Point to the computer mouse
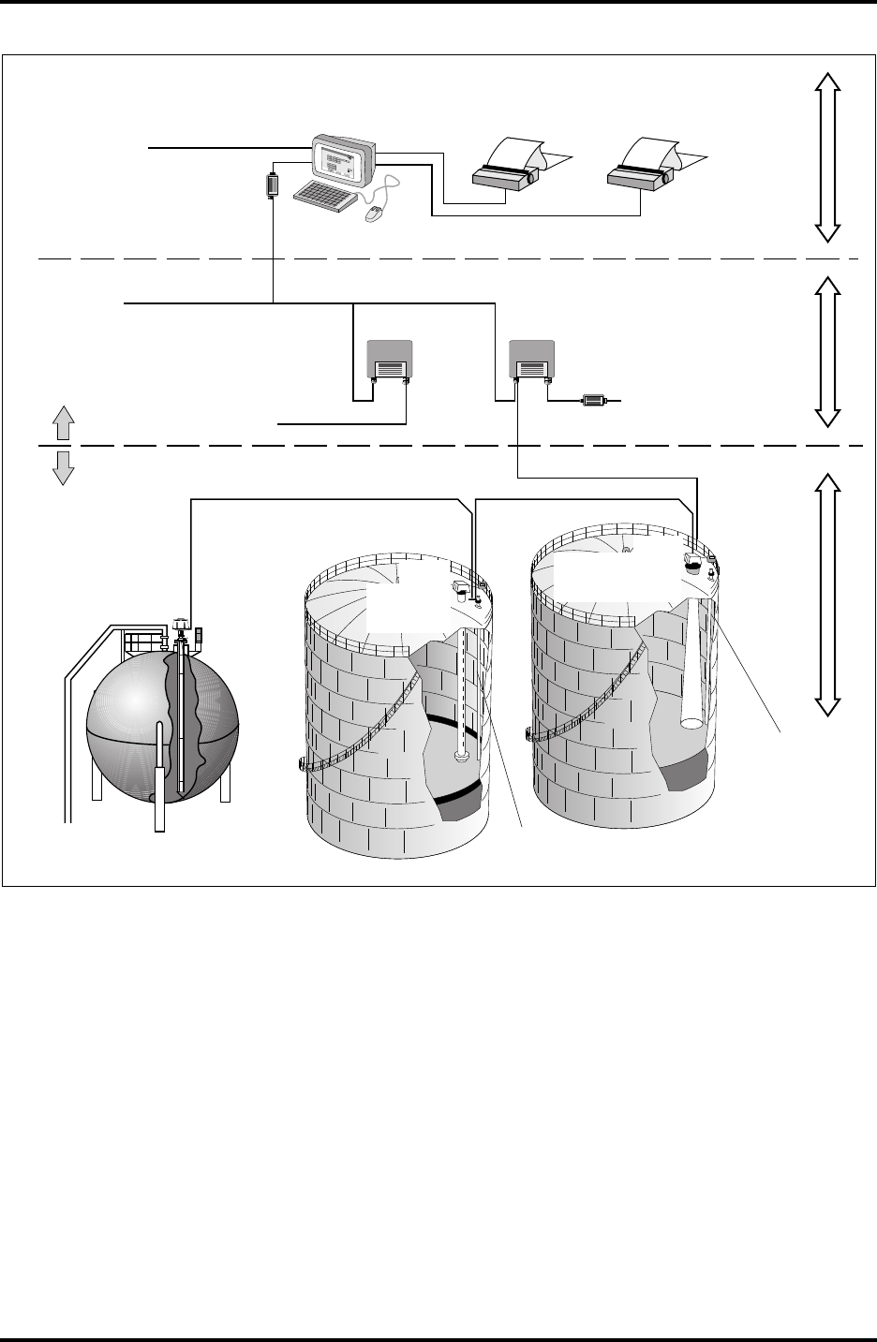pyautogui.click(x=373, y=215)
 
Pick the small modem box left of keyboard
pyautogui.click(x=273, y=184)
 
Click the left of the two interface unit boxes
pyautogui.click(x=387, y=360)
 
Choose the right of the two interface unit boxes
pyautogui.click(x=530, y=360)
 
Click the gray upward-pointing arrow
pyautogui.click(x=63, y=424)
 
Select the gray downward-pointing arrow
pyautogui.click(x=63, y=465)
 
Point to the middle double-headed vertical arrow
pyautogui.click(x=826, y=351)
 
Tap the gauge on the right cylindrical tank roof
pyautogui.click(x=692, y=563)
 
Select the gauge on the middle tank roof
pyautogui.click(x=463, y=589)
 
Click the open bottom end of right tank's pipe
pyautogui.click(x=691, y=723)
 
